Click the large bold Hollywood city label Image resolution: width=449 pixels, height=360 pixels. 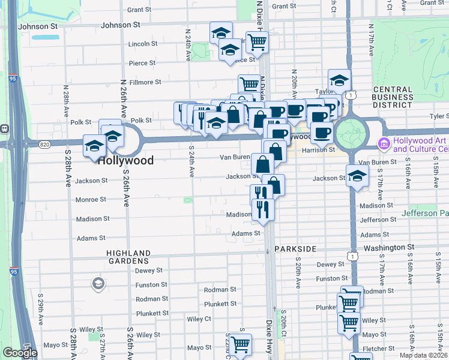click(x=125, y=160)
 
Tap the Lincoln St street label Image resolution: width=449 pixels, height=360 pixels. click(x=143, y=44)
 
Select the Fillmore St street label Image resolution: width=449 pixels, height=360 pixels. click(x=145, y=82)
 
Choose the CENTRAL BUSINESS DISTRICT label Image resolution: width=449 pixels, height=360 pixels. click(x=393, y=97)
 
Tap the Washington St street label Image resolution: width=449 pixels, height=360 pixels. click(x=389, y=247)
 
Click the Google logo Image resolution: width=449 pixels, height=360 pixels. click(x=20, y=353)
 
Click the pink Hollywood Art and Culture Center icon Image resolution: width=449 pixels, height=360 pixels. click(x=384, y=144)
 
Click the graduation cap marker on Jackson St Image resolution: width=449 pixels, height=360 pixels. click(x=357, y=176)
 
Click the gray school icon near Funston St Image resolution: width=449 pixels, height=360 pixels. click(x=97, y=283)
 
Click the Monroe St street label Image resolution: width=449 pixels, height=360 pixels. click(x=91, y=199)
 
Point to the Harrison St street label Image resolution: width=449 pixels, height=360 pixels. click(x=318, y=150)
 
